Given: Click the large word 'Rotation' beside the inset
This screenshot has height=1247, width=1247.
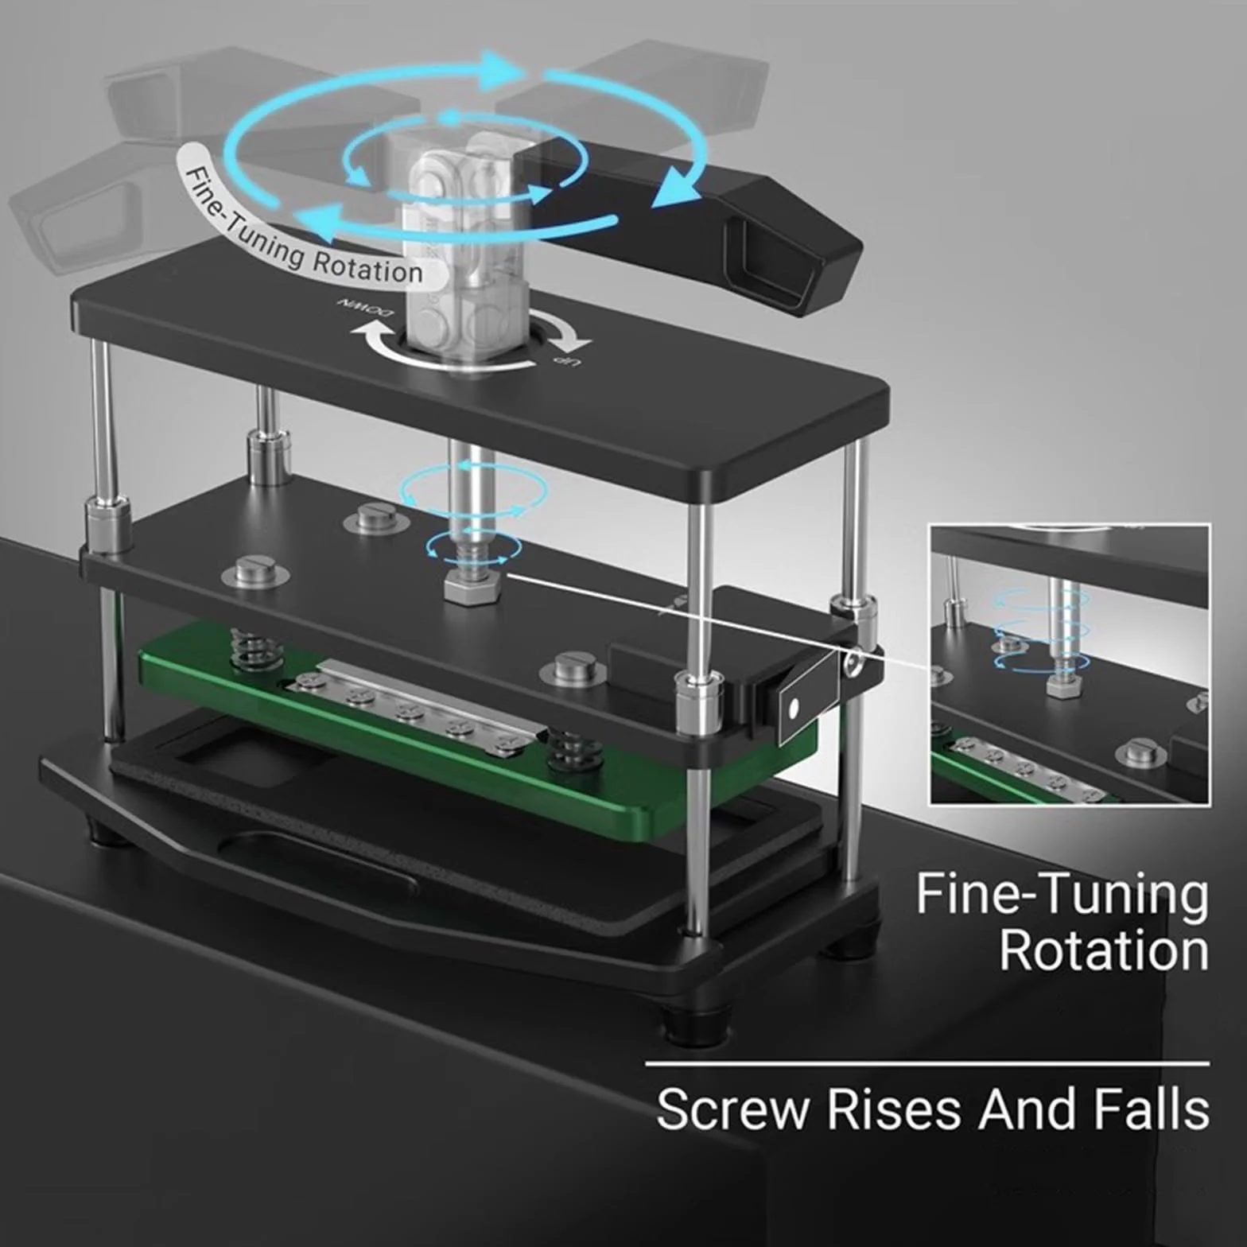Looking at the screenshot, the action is click(1104, 950).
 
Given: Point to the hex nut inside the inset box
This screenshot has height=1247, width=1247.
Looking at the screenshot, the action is click(1062, 685).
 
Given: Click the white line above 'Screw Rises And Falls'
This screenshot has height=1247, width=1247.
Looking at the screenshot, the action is click(927, 1063).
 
